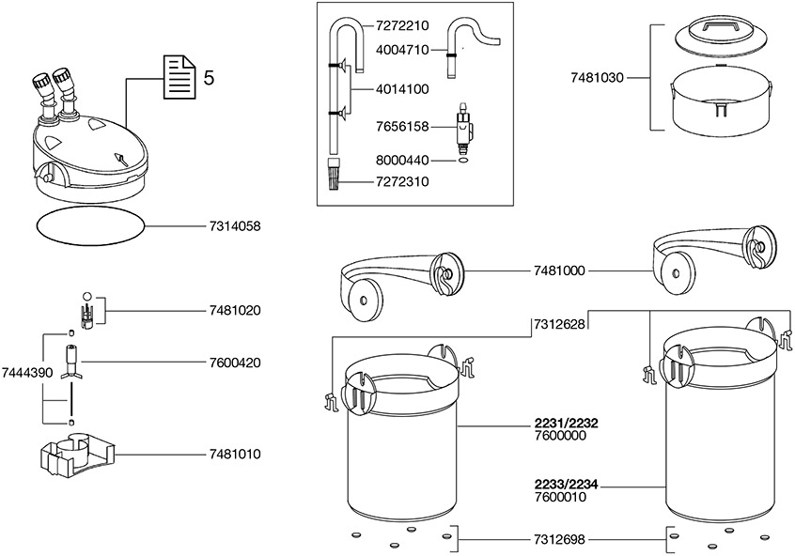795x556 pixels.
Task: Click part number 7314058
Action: tap(234, 226)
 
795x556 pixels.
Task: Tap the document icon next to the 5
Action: tap(179, 77)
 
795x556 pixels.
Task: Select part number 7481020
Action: tap(234, 310)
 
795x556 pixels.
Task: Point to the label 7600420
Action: tap(234, 362)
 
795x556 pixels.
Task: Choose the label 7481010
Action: tap(234, 455)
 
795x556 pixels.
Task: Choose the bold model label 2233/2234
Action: tap(561, 485)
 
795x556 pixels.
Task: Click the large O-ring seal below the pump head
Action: tap(90, 226)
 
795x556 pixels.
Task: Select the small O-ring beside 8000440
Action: tap(462, 161)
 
